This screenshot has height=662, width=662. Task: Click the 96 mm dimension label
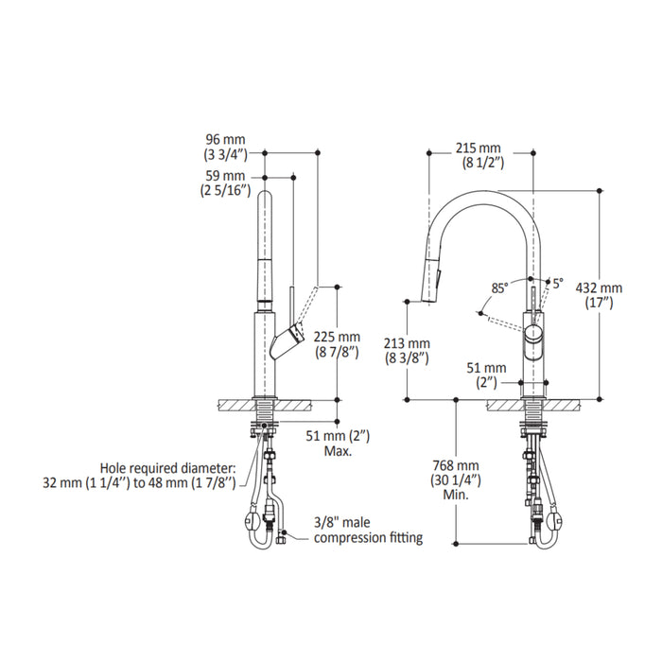[x=225, y=139]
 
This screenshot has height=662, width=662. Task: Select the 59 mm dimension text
[x=225, y=176]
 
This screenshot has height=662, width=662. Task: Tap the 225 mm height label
[x=337, y=337]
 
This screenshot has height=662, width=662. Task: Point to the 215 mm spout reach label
[x=479, y=148]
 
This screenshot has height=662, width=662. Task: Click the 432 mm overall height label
[x=599, y=287]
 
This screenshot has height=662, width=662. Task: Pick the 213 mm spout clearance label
[x=407, y=343]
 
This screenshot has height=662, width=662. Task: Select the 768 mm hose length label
[x=456, y=465]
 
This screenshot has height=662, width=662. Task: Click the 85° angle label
[x=499, y=288]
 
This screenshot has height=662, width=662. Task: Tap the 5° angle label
[x=558, y=284]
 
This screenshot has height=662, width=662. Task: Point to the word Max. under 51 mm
[x=338, y=451]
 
